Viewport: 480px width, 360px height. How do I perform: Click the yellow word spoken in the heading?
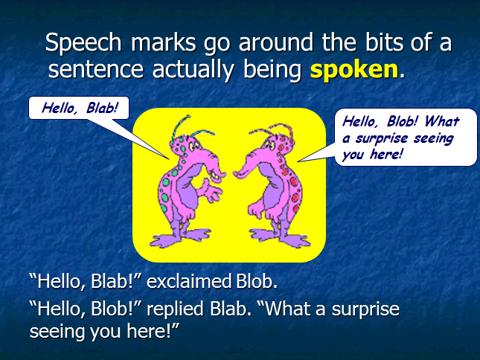(353, 70)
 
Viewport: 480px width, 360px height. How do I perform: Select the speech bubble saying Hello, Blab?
(78, 107)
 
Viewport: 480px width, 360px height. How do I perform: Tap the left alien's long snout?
(215, 173)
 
